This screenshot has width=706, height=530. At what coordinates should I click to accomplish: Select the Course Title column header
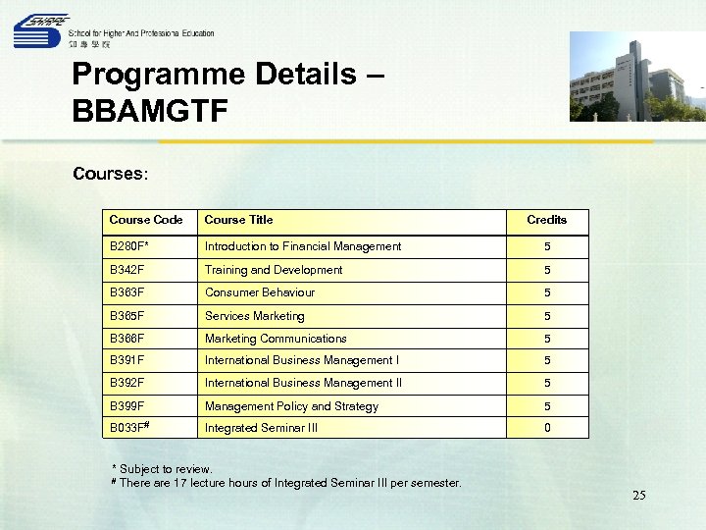[238, 220]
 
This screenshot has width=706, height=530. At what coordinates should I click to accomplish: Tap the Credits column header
[546, 220]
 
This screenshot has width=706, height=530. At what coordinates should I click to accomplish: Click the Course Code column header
[146, 220]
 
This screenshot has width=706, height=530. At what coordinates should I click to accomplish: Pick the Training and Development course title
[274, 270]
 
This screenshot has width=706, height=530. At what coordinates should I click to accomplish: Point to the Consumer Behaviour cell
[260, 292]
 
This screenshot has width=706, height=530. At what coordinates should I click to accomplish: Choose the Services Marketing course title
[254, 316]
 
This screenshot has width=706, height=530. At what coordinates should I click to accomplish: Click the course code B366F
[127, 339]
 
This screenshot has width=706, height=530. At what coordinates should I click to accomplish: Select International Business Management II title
[303, 383]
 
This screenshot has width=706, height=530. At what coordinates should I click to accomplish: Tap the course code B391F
[127, 360]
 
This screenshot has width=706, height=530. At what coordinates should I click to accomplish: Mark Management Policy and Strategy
[291, 406]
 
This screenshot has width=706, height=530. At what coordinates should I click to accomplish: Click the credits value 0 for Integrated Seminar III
[547, 428]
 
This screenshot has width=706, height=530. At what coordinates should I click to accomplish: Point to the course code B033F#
[129, 428]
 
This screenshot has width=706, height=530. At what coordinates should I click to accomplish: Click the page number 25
[638, 496]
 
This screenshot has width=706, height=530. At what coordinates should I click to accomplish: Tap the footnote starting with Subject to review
[162, 469]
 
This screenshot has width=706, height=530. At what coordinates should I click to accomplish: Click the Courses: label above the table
[110, 174]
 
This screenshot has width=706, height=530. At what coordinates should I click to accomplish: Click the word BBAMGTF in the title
[150, 109]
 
